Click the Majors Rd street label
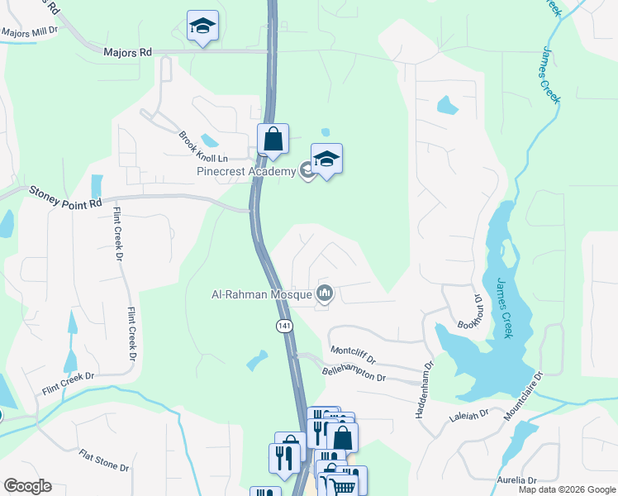click(128, 52)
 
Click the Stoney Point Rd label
click(65, 197)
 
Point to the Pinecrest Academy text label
click(245, 172)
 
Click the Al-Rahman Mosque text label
click(262, 293)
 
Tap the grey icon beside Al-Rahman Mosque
click(325, 293)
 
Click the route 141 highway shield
click(284, 327)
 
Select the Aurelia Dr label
click(517, 480)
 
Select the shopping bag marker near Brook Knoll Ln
click(273, 140)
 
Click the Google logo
click(27, 486)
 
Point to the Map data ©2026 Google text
click(566, 489)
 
